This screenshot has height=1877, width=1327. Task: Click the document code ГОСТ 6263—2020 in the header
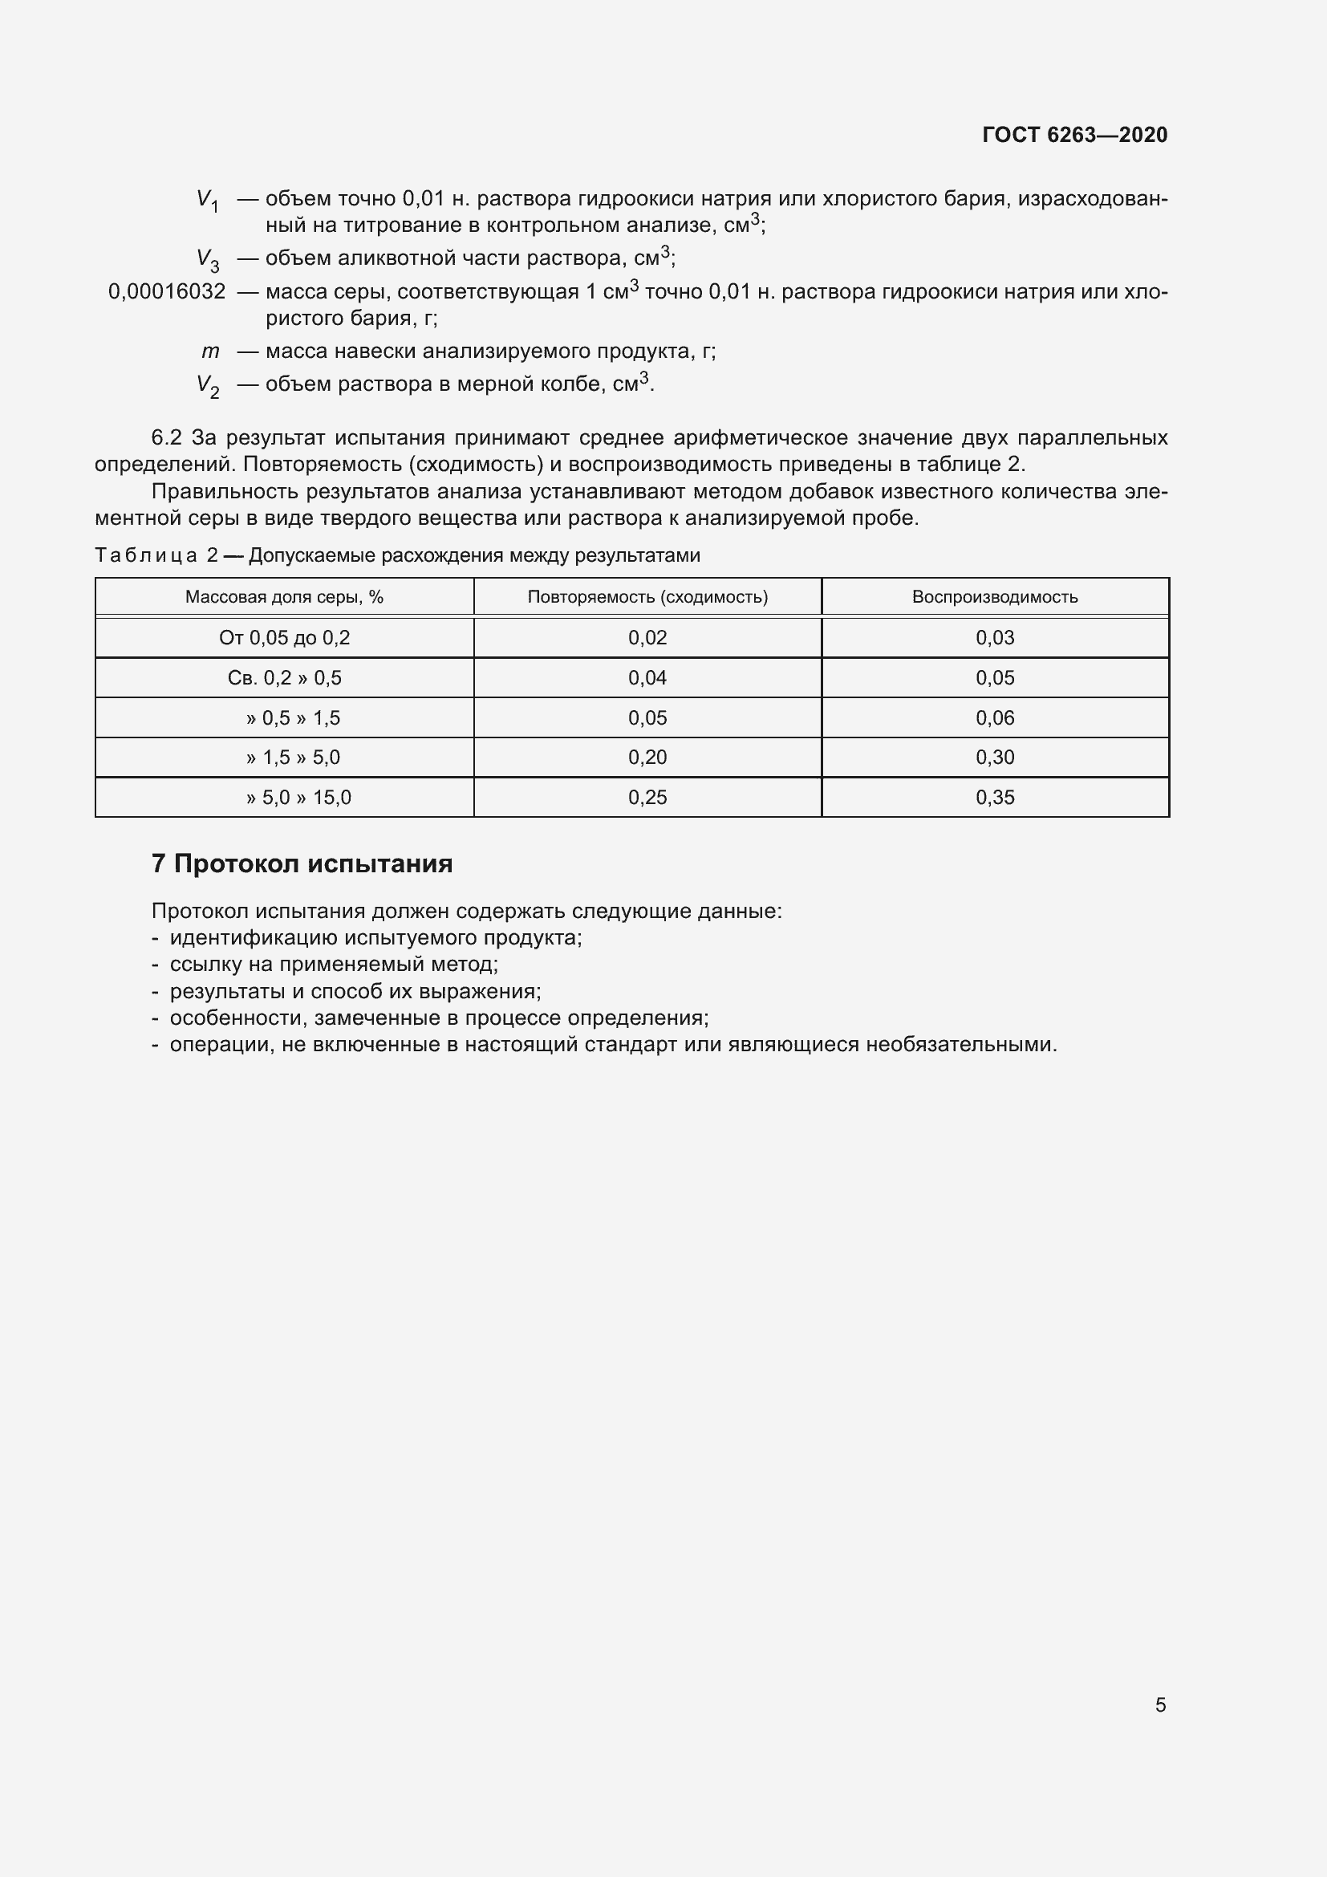1074,135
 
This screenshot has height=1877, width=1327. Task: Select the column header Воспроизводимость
994,597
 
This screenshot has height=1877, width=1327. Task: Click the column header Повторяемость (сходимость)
647,597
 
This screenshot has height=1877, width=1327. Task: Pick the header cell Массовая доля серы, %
283,597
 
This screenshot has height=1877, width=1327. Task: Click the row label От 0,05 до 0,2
284,638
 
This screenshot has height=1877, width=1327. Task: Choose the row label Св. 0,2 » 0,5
284,678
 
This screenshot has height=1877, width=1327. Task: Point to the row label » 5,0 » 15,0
298,797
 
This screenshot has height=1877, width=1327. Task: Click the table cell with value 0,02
647,638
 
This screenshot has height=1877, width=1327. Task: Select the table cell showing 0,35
994,797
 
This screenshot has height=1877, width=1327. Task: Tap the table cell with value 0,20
647,757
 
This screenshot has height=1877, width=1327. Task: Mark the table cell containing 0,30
994,757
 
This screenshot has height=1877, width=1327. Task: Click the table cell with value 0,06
994,717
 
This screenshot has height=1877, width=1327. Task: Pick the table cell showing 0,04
647,678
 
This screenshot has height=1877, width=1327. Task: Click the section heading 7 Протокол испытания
302,864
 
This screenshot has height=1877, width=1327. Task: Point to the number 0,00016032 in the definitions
167,292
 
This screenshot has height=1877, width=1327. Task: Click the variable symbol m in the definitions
210,351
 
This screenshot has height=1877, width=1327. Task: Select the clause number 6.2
166,438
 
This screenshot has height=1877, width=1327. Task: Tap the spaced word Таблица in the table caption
146,556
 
